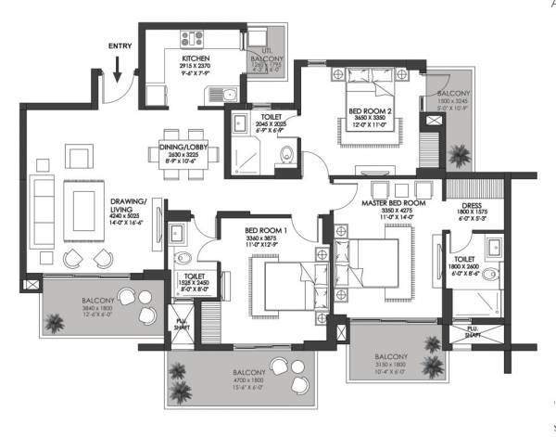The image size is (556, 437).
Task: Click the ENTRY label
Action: click(120, 45)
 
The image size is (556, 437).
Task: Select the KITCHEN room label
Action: click(194, 58)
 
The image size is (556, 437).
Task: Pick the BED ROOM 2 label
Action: click(370, 111)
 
